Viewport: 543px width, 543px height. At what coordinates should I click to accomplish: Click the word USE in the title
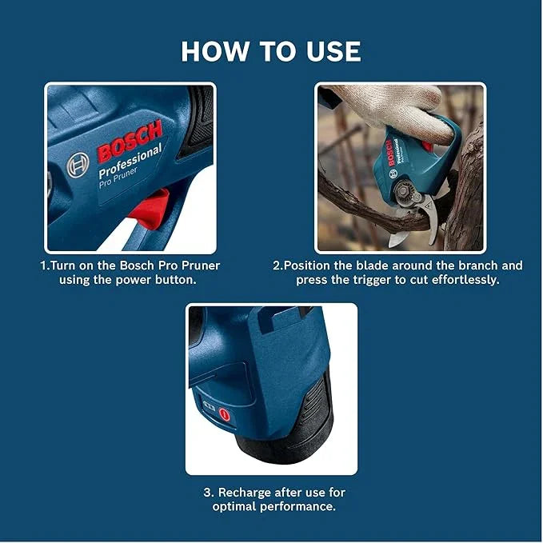click(329, 51)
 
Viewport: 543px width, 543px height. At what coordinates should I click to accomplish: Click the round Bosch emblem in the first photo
click(78, 165)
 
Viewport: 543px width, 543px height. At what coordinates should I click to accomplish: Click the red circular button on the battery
click(225, 415)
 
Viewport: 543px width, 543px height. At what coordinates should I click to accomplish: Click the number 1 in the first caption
click(44, 265)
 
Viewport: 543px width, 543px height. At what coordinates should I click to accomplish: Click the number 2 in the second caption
click(277, 265)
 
